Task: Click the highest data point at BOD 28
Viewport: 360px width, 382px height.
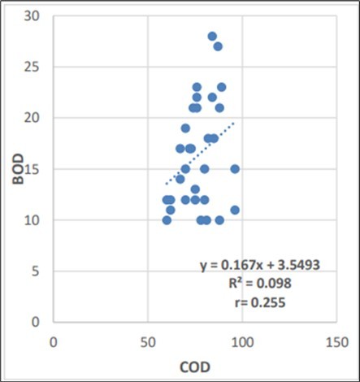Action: (212, 36)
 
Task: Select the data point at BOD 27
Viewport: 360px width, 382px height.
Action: (218, 46)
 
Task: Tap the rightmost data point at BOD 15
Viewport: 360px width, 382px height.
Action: (235, 169)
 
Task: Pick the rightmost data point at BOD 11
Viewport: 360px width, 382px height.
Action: (235, 210)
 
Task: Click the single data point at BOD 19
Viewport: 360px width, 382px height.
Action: (185, 128)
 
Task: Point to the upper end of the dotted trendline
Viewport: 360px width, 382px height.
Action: (234, 124)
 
